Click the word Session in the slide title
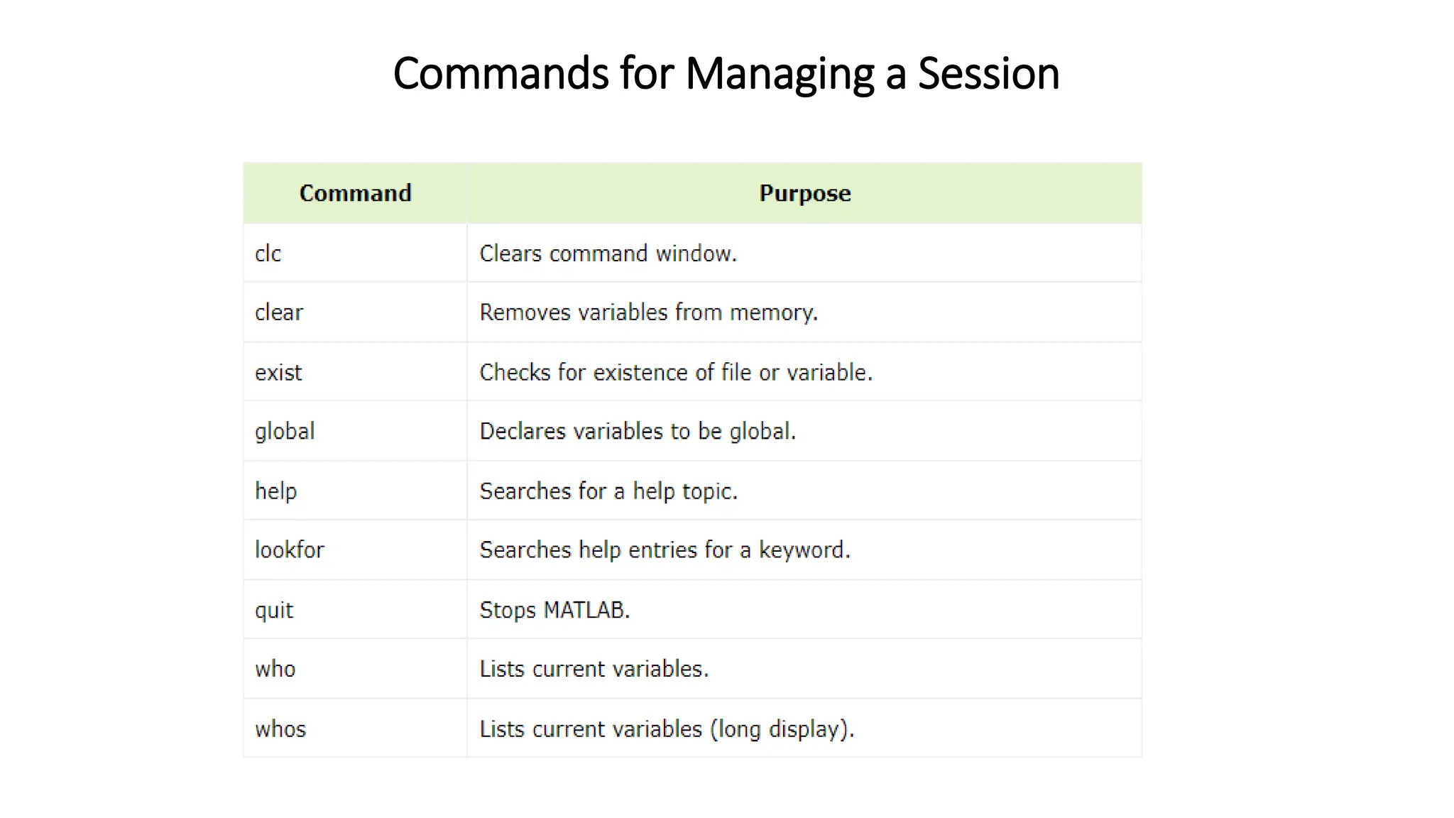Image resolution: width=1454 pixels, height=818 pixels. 988,73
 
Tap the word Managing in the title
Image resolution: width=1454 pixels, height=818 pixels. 779,73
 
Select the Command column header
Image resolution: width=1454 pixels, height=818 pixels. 355,193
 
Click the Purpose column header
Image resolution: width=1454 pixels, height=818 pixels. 804,193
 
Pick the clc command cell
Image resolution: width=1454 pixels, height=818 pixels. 268,253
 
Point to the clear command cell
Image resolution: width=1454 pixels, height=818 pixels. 279,312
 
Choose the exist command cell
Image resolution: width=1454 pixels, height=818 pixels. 278,372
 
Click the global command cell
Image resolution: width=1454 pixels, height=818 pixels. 285,431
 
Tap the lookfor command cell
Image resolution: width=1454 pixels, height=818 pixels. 290,550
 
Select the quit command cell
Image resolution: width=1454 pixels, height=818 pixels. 274,610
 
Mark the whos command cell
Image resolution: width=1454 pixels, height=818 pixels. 280,729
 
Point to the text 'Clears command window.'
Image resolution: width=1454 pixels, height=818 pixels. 608,253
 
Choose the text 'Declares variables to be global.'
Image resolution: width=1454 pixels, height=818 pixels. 638,431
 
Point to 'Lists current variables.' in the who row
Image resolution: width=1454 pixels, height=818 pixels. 594,669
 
